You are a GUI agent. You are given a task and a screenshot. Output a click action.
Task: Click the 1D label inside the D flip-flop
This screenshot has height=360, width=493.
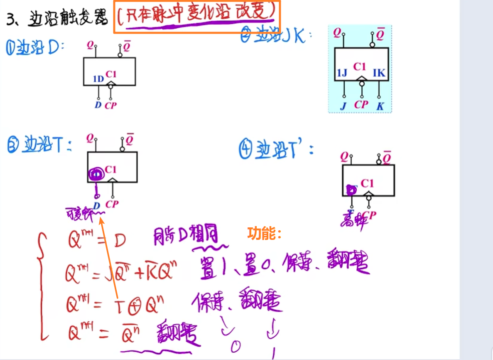(x=98, y=79)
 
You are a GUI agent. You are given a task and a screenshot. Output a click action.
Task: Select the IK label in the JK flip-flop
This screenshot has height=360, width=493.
(x=379, y=73)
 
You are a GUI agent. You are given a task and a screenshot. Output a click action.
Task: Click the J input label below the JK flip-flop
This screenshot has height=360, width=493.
(x=343, y=106)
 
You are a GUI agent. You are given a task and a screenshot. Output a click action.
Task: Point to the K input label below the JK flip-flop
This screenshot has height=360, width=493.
(x=380, y=106)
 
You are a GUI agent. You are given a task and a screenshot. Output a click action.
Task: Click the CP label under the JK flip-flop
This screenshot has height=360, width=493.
(x=361, y=104)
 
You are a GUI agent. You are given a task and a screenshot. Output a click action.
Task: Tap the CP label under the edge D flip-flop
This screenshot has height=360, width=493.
(x=110, y=105)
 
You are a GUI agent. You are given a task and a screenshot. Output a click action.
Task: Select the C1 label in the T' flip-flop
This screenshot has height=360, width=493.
(x=367, y=183)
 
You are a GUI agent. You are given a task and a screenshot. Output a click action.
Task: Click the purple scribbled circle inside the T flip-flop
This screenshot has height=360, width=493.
(x=96, y=173)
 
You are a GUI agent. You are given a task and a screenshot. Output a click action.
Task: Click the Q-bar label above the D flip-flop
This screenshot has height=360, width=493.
(x=127, y=47)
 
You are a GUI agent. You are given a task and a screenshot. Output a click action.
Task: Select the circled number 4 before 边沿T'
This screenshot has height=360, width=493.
(x=245, y=149)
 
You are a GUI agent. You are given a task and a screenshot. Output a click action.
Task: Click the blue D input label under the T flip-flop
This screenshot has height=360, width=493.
(x=97, y=205)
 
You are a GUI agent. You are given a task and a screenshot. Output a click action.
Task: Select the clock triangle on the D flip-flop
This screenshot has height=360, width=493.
(x=110, y=84)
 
